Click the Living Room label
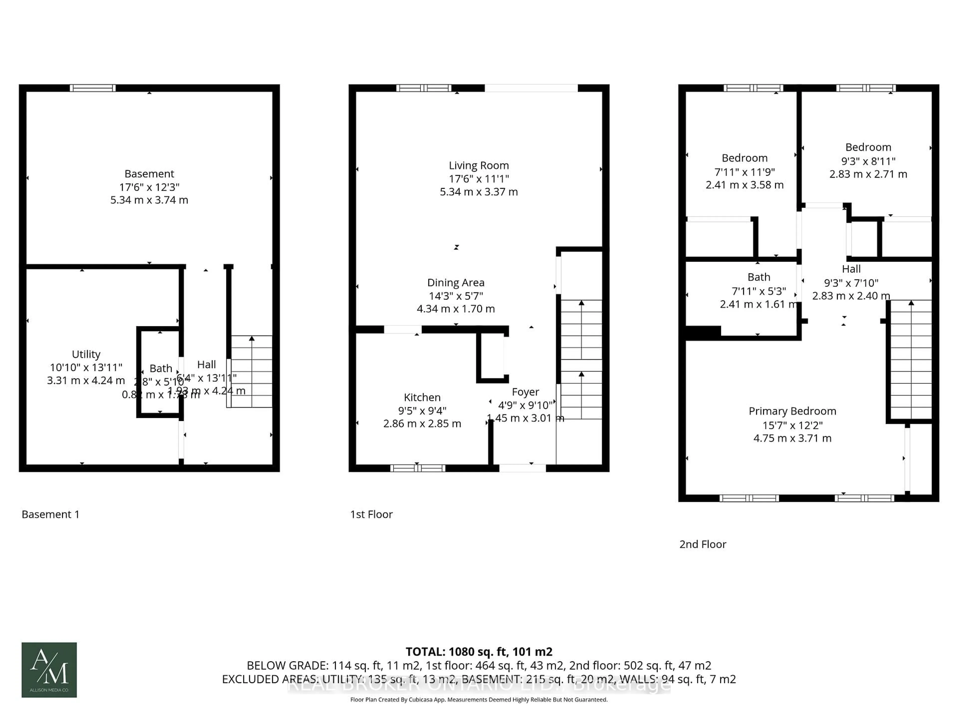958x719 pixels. point(479,166)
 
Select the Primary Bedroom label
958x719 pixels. point(792,411)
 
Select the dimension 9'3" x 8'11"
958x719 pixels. point(868,161)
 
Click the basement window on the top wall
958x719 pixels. point(93,88)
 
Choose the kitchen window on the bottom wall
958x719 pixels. point(417,468)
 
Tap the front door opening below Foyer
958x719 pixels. point(522,468)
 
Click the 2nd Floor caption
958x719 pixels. point(703,544)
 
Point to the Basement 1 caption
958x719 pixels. point(50,515)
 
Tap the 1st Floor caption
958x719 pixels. point(371,515)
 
